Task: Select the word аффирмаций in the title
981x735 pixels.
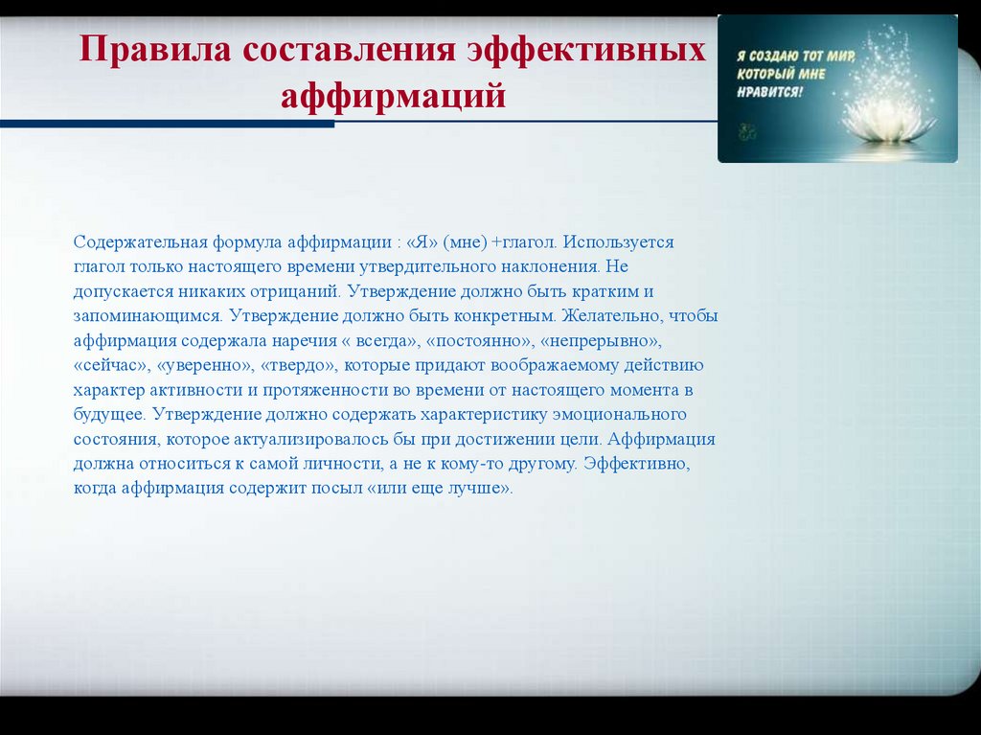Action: tap(393, 96)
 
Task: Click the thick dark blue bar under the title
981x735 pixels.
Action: tap(167, 124)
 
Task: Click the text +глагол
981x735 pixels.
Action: tap(523, 242)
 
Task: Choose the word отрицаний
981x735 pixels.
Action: tap(302, 291)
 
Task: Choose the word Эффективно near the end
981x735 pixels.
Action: tap(642, 464)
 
